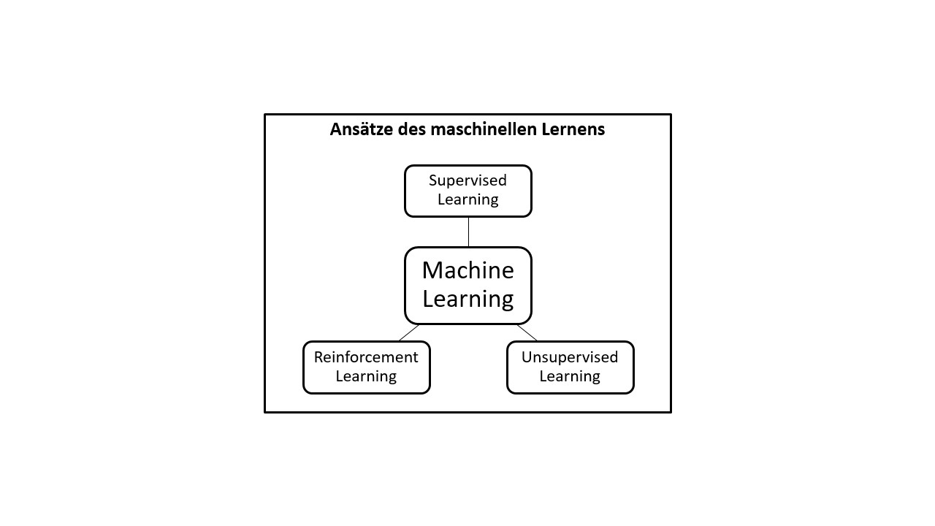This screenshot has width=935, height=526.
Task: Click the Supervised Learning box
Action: tap(468, 191)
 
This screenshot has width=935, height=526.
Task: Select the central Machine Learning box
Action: tap(468, 286)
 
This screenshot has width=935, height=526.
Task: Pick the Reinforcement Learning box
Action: tap(366, 367)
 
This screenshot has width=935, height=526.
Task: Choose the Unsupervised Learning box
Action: tap(570, 367)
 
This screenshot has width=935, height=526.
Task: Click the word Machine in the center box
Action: tap(468, 271)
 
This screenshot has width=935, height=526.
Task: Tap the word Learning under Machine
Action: tap(468, 299)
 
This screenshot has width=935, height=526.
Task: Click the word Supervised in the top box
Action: tap(467, 180)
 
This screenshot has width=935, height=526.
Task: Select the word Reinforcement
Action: tap(366, 357)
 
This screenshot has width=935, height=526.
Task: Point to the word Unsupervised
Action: tap(570, 357)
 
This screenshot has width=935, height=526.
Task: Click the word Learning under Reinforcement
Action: tap(366, 376)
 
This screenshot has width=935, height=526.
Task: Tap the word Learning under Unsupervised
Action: tap(570, 376)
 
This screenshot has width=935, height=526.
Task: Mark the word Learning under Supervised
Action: tap(468, 199)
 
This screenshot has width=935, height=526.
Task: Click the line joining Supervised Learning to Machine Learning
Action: tap(468, 232)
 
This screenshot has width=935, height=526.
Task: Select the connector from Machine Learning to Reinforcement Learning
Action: tap(409, 332)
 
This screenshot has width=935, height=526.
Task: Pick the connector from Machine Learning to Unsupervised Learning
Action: tap(527, 332)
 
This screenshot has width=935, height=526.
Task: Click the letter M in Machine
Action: tap(432, 271)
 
